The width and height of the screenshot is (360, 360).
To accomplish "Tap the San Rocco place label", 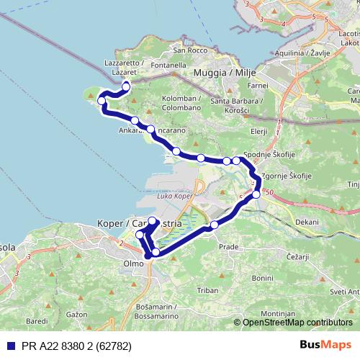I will pyautogui.click(x=189, y=50).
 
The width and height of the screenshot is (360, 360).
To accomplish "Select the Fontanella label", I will pyautogui.click(x=169, y=65).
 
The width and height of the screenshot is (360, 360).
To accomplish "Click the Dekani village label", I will pyautogui.click(x=306, y=222).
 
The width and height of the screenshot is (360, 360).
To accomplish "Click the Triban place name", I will pyautogui.click(x=207, y=289).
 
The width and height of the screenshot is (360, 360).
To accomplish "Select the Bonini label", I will pyautogui.click(x=263, y=277).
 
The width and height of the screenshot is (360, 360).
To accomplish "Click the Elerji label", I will pyautogui.click(x=258, y=131).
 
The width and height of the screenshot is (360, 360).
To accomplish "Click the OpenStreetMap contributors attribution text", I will pyautogui.click(x=297, y=322).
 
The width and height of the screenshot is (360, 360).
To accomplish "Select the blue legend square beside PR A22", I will pyautogui.click(x=8, y=346).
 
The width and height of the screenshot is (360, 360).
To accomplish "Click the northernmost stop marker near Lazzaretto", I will pyautogui.click(x=126, y=87).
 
